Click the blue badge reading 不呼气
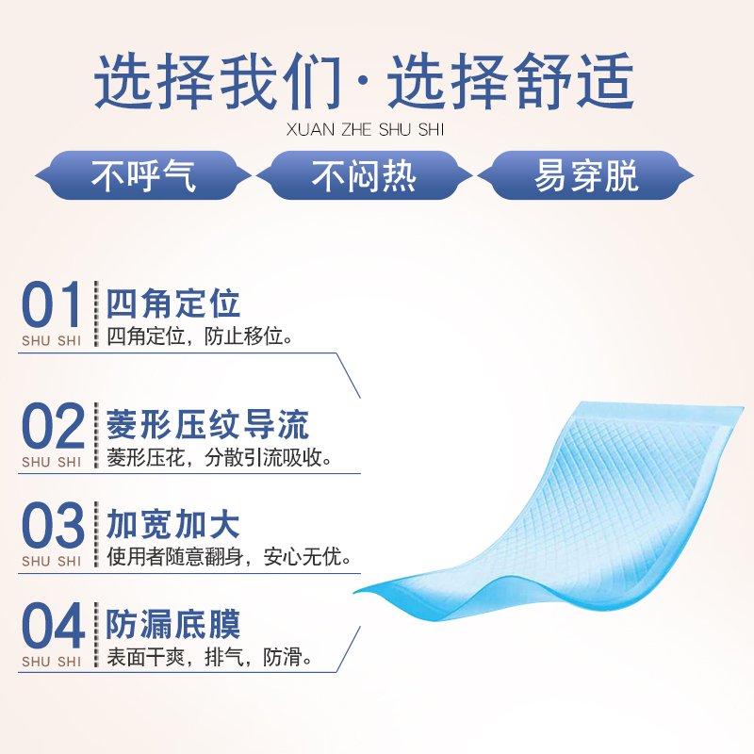pos(143,175)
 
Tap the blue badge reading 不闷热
pos(364,175)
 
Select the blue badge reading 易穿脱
pos(585,175)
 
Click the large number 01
pos(51,304)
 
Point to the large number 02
pos(53,426)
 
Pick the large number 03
pos(53,525)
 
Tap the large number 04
pos(53,625)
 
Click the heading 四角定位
pos(173,303)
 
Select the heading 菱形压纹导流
pos(207,425)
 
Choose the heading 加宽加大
pos(173,524)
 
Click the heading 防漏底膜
pos(173,624)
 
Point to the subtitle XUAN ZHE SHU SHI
pos(365,130)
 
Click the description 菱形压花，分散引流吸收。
pos(220,458)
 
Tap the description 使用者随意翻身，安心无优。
pos(229,557)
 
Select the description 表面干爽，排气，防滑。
pos(209,657)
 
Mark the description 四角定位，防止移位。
pos(200,336)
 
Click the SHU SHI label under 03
pos(52,561)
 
